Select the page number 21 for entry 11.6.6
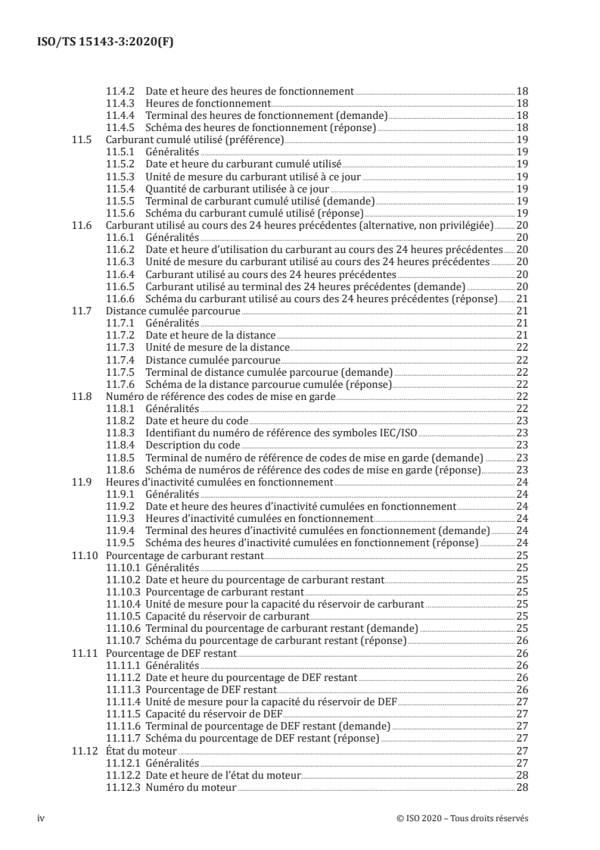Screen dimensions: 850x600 point(521,300)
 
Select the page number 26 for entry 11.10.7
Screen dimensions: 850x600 point(521,640)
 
